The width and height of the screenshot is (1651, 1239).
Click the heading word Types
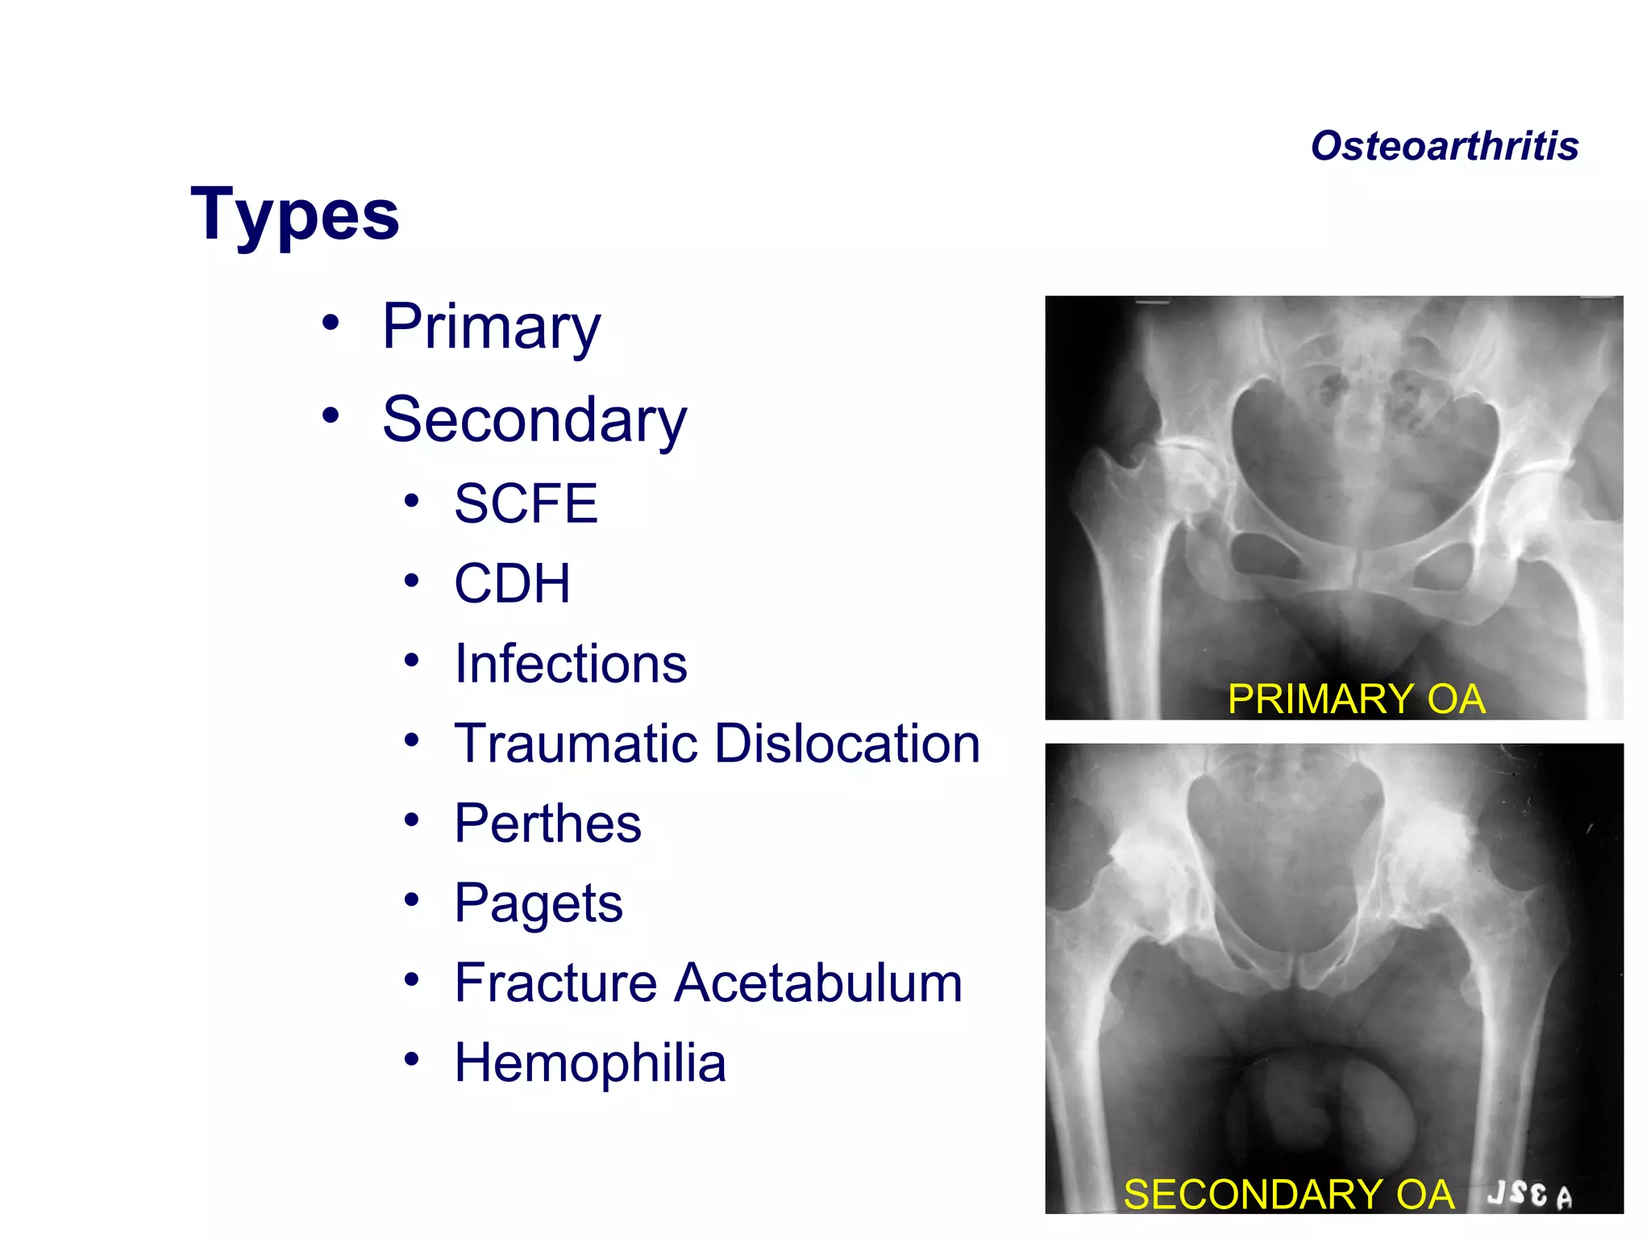pyautogui.click(x=295, y=215)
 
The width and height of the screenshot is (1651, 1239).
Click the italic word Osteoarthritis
pyautogui.click(x=1444, y=147)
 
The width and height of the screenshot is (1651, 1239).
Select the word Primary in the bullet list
pyautogui.click(x=491, y=327)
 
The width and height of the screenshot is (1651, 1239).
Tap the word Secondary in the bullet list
pyautogui.click(x=534, y=420)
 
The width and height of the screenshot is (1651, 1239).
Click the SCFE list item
pyautogui.click(x=526, y=504)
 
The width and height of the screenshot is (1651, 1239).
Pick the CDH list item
pyautogui.click(x=512, y=583)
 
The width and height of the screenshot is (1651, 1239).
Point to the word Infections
pyautogui.click(x=571, y=664)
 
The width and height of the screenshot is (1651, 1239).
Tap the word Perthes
pyautogui.click(x=547, y=824)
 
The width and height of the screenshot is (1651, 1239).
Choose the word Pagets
pyautogui.click(x=538, y=903)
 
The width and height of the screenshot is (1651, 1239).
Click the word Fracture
pyautogui.click(x=556, y=983)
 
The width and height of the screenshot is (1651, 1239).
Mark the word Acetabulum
pyautogui.click(x=818, y=983)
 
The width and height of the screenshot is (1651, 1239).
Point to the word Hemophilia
pyautogui.click(x=590, y=1063)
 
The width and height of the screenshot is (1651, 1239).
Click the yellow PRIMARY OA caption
pyautogui.click(x=1356, y=699)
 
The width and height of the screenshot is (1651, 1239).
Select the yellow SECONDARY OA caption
pyautogui.click(x=1288, y=1195)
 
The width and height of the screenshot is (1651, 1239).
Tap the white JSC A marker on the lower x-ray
pyautogui.click(x=1529, y=1195)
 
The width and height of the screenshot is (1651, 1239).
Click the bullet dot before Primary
pyautogui.click(x=331, y=323)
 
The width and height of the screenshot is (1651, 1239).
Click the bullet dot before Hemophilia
pyautogui.click(x=412, y=1059)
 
